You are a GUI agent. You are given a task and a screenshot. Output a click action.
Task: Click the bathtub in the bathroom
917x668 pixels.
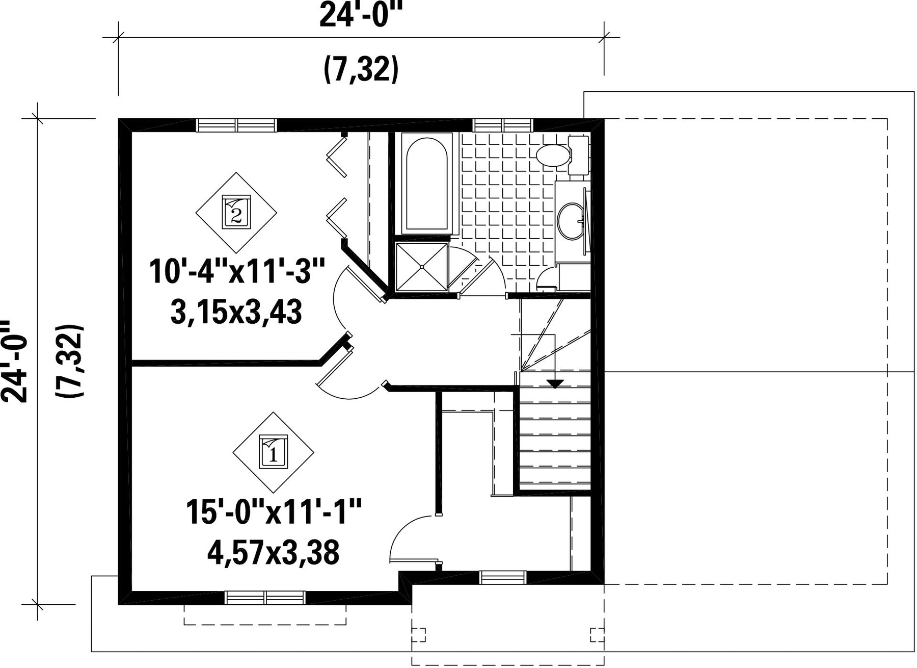coord(426,184)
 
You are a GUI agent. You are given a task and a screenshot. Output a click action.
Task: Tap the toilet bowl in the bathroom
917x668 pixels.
coord(553,155)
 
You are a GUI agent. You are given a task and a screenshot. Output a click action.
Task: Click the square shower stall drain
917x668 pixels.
coord(422,267)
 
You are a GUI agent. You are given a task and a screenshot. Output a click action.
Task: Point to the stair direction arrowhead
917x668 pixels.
coord(555,384)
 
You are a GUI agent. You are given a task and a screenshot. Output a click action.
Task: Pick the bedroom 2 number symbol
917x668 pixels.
coord(236,212)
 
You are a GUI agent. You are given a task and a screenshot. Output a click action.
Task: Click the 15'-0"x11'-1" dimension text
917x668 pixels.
coord(273,512)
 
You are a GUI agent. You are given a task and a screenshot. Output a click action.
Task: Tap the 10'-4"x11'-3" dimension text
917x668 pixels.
coord(237,271)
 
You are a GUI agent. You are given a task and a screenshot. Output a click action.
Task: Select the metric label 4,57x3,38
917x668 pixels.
coord(273,552)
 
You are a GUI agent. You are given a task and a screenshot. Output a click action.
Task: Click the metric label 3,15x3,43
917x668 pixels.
coord(236,312)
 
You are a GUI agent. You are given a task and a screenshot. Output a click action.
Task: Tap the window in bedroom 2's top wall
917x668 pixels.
coord(236,125)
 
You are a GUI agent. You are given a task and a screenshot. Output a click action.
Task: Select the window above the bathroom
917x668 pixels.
coord(503,125)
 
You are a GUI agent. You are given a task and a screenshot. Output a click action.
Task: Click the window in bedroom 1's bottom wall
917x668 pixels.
coord(265,598)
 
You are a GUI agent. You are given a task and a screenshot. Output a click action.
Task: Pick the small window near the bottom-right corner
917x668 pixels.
coord(503,577)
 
